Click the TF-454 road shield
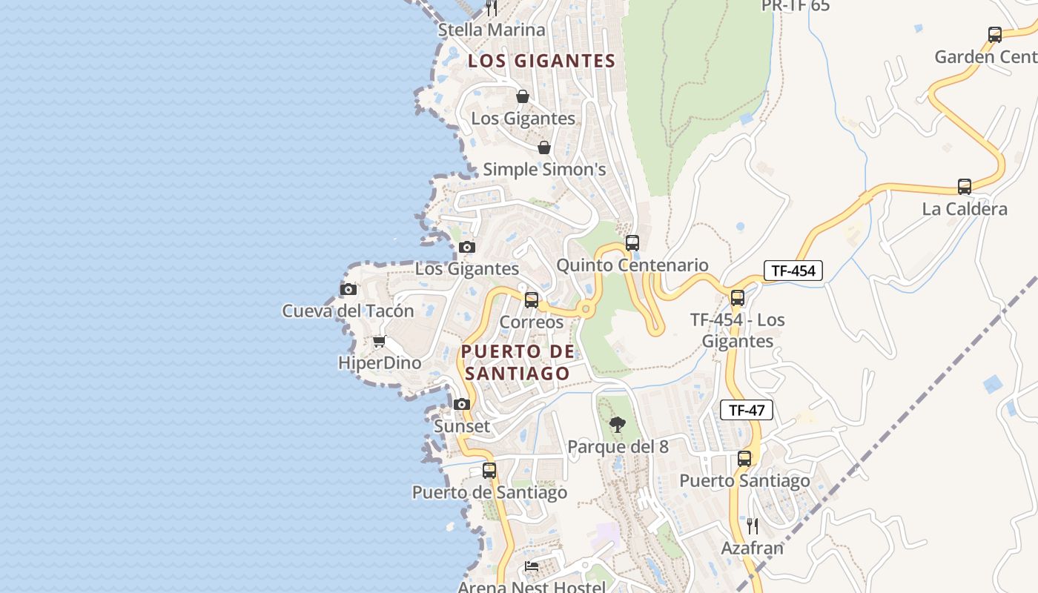pyautogui.click(x=793, y=271)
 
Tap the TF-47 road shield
pyautogui.click(x=747, y=410)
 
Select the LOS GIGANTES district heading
pyautogui.click(x=541, y=61)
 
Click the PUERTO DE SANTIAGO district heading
pyautogui.click(x=518, y=362)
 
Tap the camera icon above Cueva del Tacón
pyautogui.click(x=348, y=289)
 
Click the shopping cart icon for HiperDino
pyautogui.click(x=380, y=342)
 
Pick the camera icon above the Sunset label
pyautogui.click(x=462, y=404)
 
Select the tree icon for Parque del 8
pyautogui.click(x=617, y=425)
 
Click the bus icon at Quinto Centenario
pyautogui.click(x=632, y=242)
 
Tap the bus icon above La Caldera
pyautogui.click(x=964, y=187)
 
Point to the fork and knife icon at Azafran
pyautogui.click(x=752, y=526)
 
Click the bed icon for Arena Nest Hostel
pyautogui.click(x=532, y=566)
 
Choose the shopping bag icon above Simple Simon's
pyautogui.click(x=544, y=148)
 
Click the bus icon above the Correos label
pyautogui.click(x=532, y=300)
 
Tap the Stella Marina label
pyautogui.click(x=492, y=30)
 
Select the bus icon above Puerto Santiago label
pyautogui.click(x=744, y=459)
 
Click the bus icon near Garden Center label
pyautogui.click(x=995, y=35)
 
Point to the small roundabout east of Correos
pyautogui.click(x=586, y=308)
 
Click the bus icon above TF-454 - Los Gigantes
pyautogui.click(x=738, y=298)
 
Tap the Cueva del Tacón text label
pyautogui.click(x=348, y=311)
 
